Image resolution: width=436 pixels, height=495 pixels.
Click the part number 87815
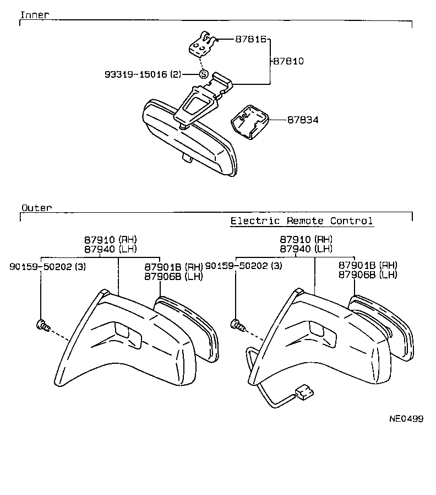coord(251,39)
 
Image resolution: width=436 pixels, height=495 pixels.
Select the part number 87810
coord(288,61)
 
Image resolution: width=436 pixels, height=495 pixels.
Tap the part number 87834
coord(303,120)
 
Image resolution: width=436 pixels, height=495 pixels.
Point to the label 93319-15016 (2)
coord(143,74)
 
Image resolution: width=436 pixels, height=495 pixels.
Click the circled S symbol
coord(204,74)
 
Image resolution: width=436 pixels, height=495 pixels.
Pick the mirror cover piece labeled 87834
coord(250,122)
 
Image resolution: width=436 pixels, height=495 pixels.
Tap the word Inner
coord(35,14)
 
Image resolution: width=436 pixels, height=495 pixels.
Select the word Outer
coord(36,208)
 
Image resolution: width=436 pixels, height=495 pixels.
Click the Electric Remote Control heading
coord(302,220)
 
